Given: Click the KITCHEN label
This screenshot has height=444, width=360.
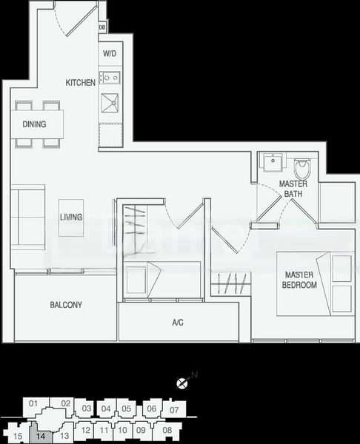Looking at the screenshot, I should coord(80,83).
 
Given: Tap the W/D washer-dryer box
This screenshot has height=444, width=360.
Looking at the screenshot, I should coord(110,54).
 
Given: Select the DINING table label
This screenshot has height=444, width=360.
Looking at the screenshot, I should coord(34,124).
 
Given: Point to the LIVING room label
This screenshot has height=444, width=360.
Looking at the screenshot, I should coord(71,217).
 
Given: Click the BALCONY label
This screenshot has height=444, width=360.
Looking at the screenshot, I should coord(66,305).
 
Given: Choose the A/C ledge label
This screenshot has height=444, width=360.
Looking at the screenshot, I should coord(178,323).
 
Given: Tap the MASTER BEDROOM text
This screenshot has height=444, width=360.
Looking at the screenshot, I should coord(300,280).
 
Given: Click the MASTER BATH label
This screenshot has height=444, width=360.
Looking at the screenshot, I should coord(293,189).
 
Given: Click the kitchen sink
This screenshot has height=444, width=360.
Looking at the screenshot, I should coord(110,104).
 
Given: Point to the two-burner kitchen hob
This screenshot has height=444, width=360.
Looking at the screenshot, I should coord(110,76).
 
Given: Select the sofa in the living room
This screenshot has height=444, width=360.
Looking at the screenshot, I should coord(26,215).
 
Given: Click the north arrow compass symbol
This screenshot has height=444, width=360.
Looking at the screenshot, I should coord(182,383).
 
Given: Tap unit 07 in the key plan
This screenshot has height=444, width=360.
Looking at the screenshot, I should coord(175,408).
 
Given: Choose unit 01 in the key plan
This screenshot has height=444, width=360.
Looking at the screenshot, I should coord(33,403).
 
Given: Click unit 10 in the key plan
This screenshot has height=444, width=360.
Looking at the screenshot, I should coord(122,429).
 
